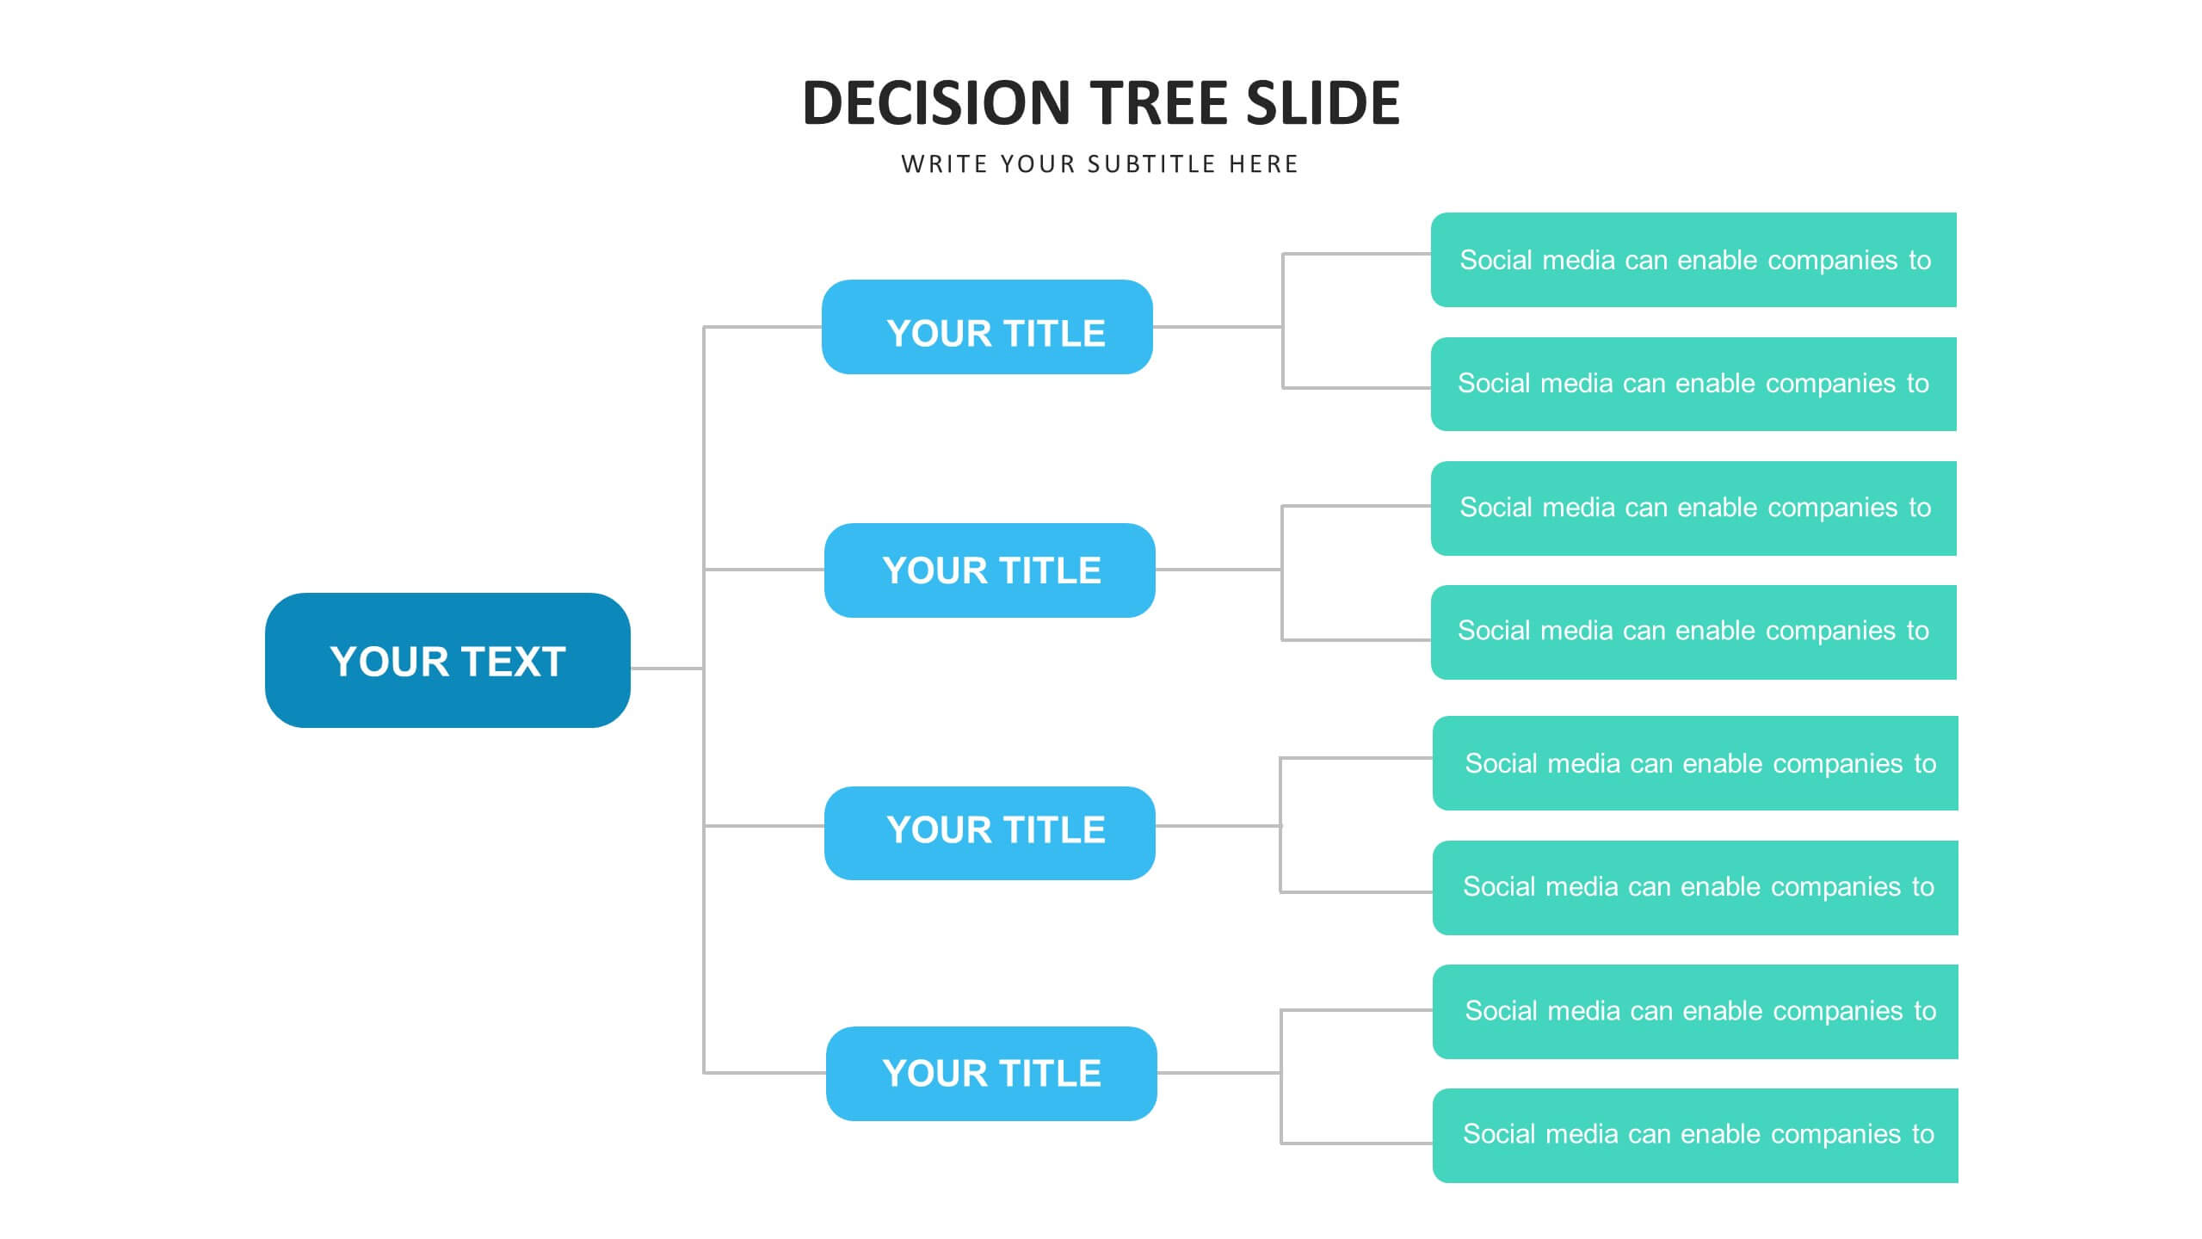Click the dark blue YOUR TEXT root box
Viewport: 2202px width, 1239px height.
pos(447,660)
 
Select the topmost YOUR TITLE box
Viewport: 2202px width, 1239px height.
pos(987,327)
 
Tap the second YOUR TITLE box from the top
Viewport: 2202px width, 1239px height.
pos(990,570)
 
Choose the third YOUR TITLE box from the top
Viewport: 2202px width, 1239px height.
pos(990,833)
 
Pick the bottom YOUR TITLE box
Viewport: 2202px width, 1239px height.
pos(991,1074)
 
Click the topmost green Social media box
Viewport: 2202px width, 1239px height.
pos(1693,260)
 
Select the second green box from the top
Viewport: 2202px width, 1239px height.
pos(1693,384)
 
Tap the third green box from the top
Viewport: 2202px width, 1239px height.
pos(1693,509)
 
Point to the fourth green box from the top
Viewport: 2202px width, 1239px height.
pos(1693,632)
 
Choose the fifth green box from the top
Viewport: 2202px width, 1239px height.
pos(1695,763)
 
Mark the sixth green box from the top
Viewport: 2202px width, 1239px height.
pos(1695,888)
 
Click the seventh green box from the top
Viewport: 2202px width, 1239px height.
pos(1695,1012)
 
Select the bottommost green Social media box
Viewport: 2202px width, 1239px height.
pos(1695,1136)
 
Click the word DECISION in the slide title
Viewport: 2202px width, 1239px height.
pos(936,103)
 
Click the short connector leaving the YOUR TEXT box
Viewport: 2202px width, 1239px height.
pos(667,668)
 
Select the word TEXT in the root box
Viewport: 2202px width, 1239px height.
pos(515,662)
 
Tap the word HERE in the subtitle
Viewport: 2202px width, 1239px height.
pos(1263,164)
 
